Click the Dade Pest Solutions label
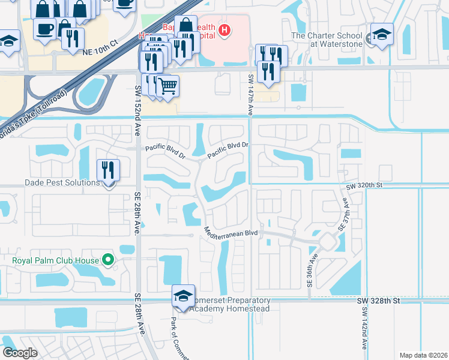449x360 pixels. [x=53, y=182]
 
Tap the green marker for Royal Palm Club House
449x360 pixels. [x=108, y=260]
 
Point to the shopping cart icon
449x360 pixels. [x=168, y=86]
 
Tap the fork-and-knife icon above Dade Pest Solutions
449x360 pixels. [x=108, y=169]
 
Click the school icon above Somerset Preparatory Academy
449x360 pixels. [x=184, y=295]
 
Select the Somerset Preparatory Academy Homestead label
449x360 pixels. [x=230, y=304]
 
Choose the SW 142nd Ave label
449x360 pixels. [x=364, y=328]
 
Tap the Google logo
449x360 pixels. [x=20, y=353]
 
